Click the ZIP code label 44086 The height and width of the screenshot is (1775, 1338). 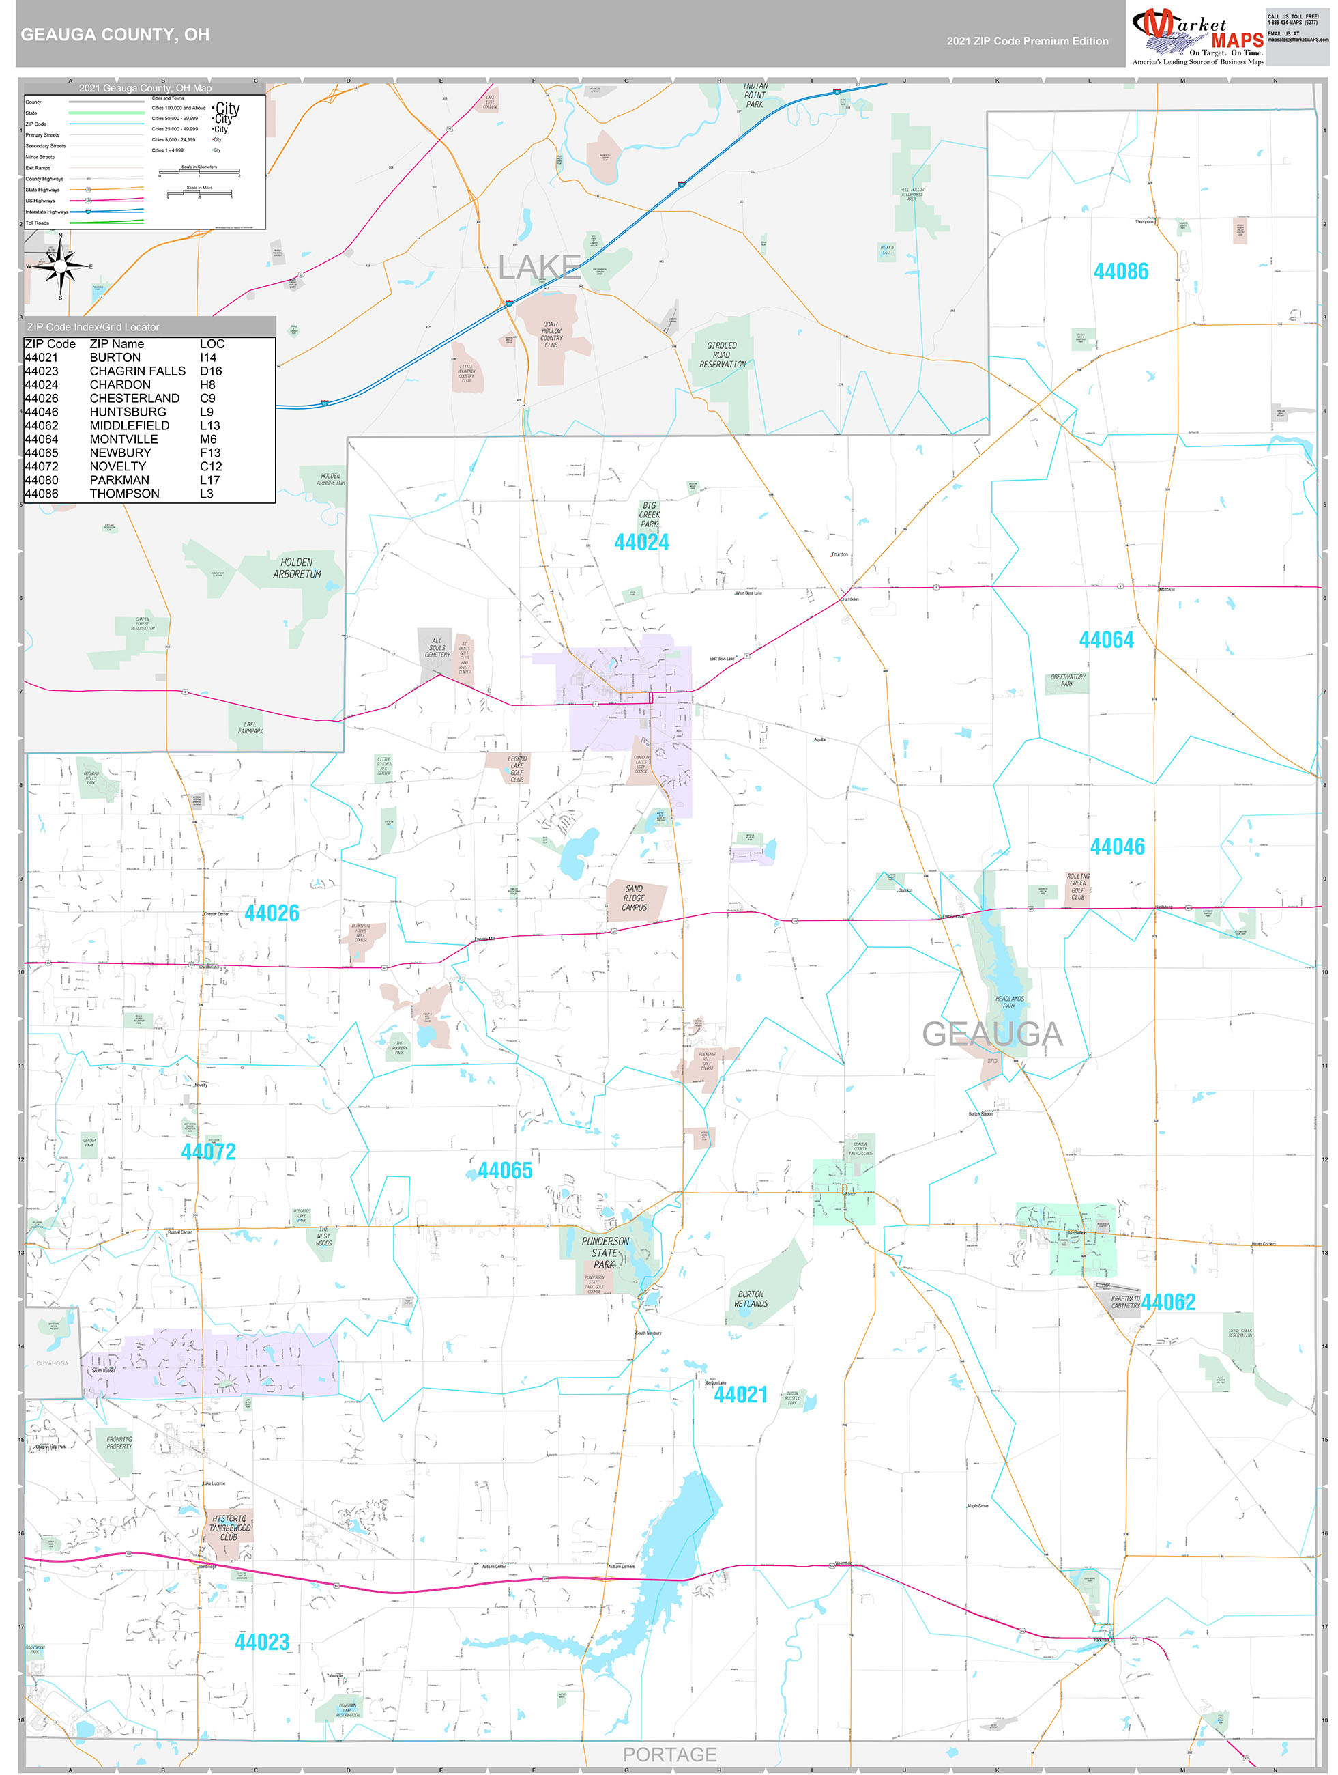click(x=1120, y=271)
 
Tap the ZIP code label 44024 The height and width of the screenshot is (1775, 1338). click(x=641, y=543)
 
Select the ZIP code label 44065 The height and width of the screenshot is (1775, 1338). click(x=504, y=1171)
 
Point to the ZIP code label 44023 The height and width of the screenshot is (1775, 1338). click(x=261, y=1642)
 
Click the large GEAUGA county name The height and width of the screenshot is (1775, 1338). click(x=991, y=1034)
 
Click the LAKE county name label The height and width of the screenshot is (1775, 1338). click(x=539, y=267)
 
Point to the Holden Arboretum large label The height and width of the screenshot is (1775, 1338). click(x=296, y=568)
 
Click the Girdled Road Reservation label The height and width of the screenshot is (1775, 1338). click(x=721, y=355)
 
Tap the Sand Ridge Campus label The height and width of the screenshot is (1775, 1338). click(x=634, y=898)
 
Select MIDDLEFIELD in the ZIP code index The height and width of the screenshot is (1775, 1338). click(x=129, y=425)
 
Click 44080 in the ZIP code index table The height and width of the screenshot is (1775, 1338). click(x=42, y=480)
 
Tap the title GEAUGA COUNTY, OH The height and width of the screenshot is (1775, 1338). click(x=115, y=35)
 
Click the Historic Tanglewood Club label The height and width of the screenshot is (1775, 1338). click(x=229, y=1528)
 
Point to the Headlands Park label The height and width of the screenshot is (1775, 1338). click(x=1008, y=1002)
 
